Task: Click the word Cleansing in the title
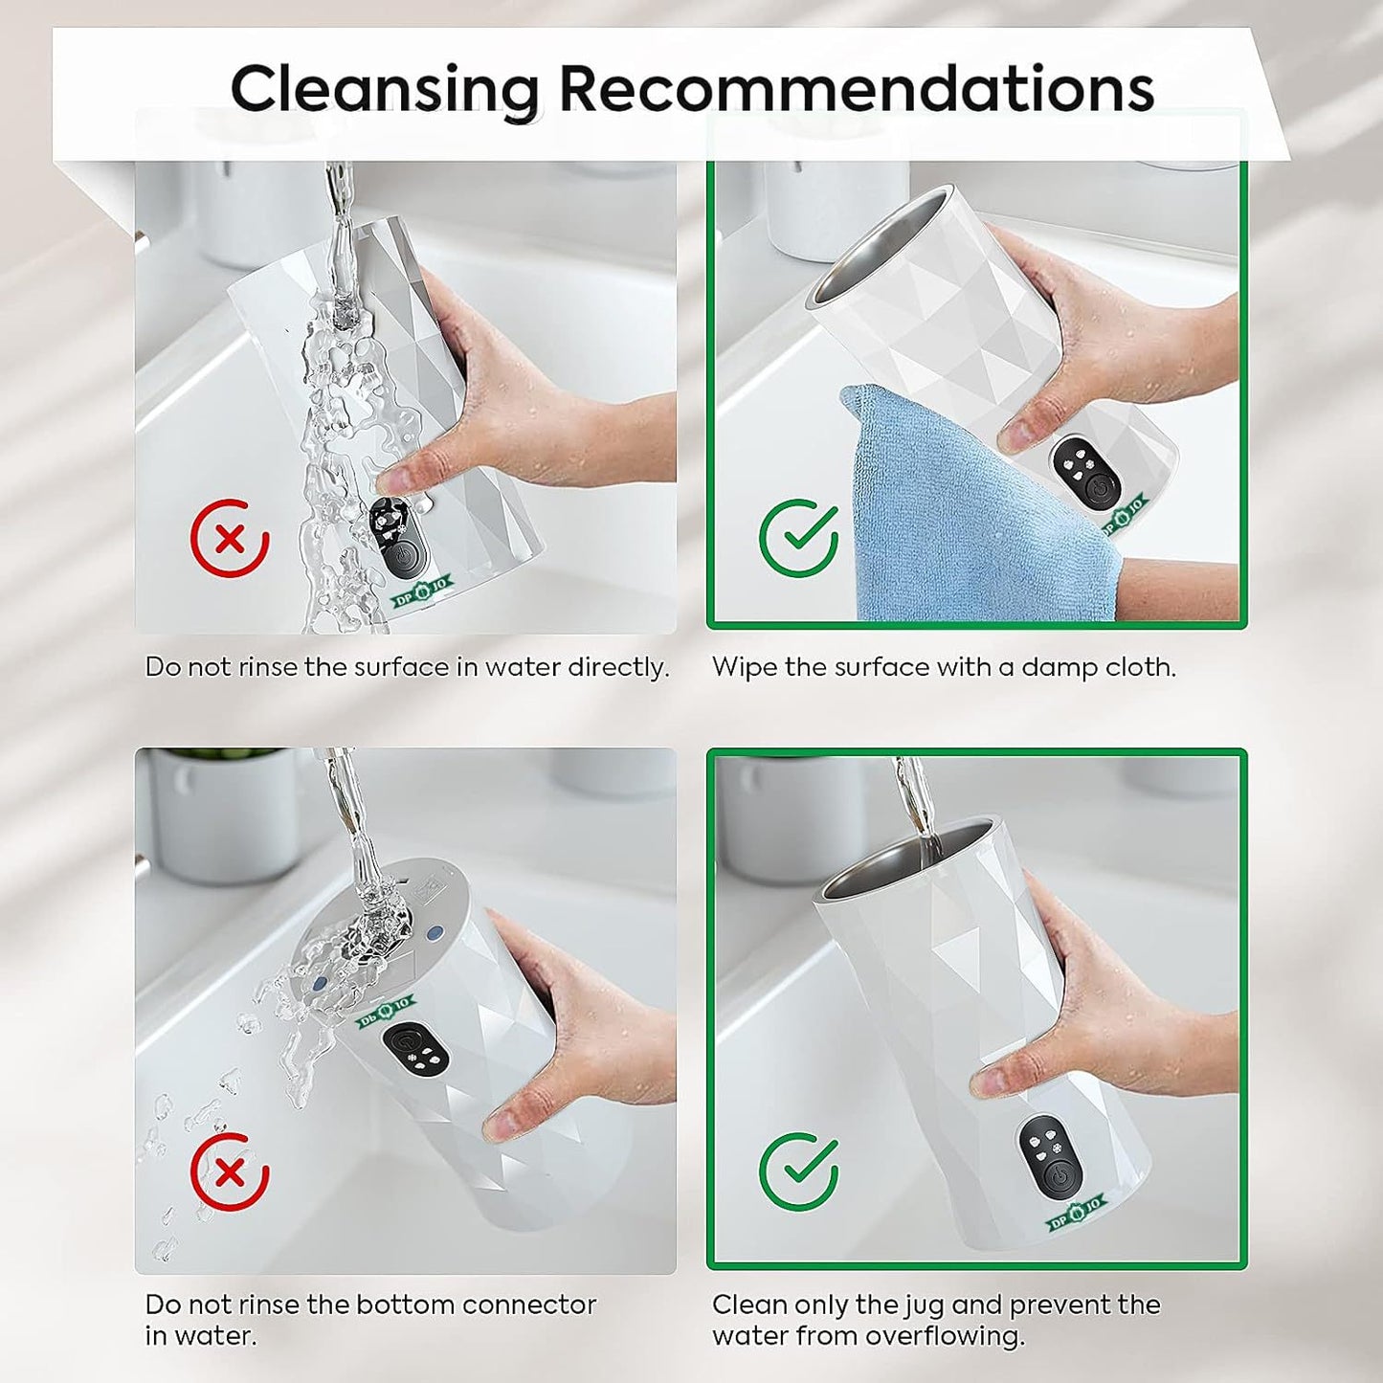(x=385, y=90)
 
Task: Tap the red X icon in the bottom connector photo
(x=230, y=1172)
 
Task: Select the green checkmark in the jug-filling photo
(x=799, y=1172)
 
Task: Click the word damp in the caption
(x=1059, y=668)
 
